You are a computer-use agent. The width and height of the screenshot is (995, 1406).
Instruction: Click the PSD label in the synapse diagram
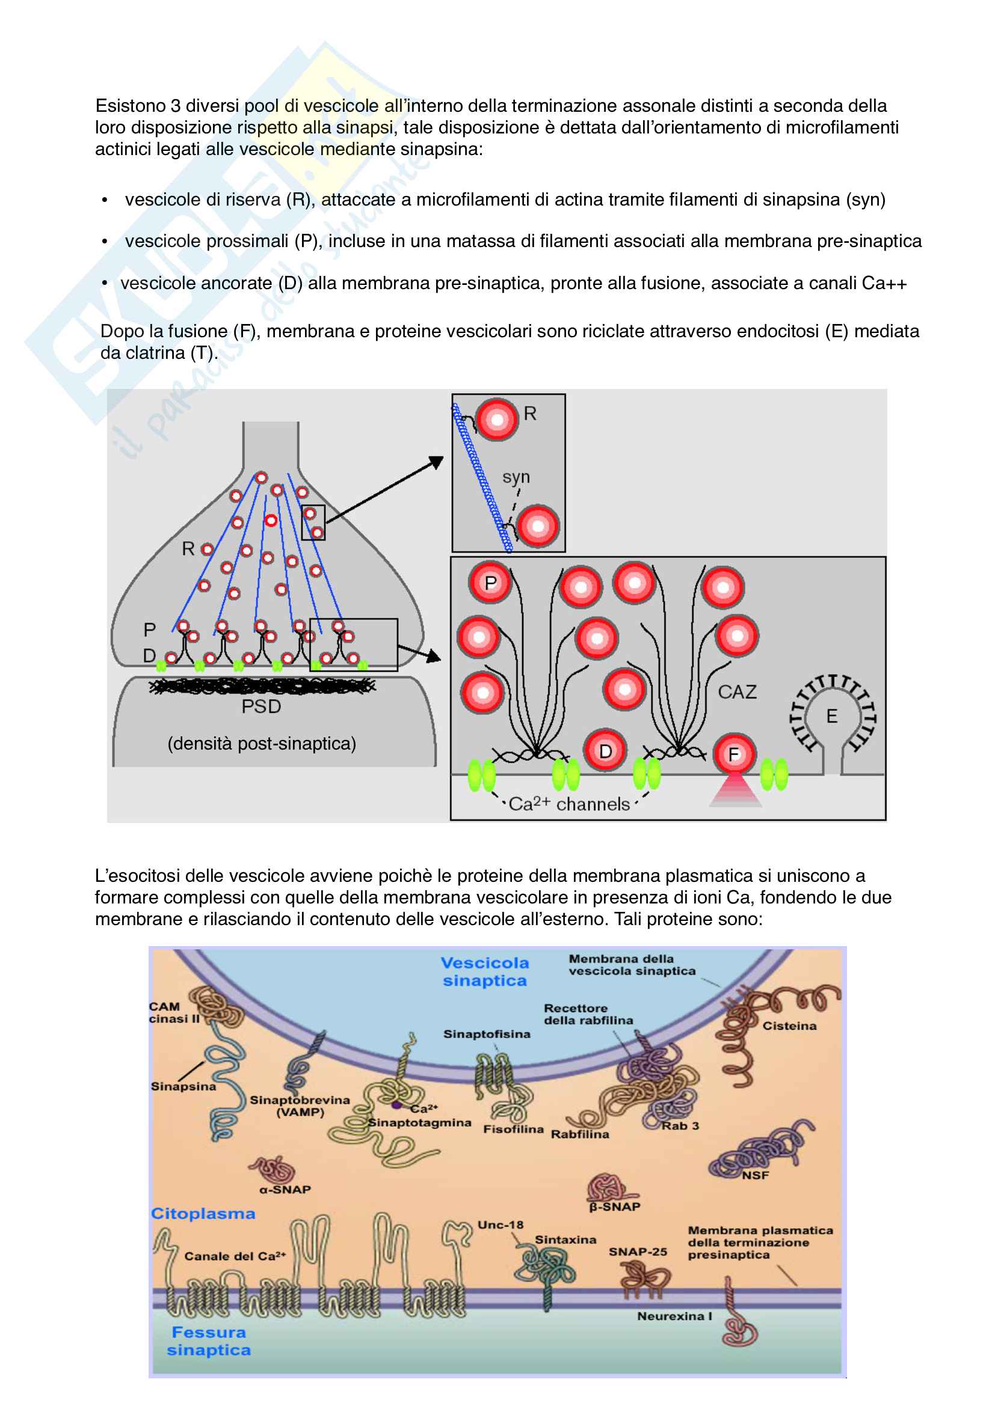click(261, 707)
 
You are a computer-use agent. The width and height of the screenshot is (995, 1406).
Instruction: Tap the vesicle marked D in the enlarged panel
click(605, 751)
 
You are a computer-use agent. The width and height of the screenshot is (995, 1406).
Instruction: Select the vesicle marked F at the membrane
click(733, 754)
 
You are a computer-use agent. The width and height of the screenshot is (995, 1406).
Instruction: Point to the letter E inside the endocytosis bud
click(831, 716)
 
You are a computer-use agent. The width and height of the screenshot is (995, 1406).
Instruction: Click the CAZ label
click(737, 692)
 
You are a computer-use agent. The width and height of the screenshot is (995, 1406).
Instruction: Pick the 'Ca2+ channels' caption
click(569, 804)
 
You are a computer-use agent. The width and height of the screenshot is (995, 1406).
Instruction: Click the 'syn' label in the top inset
click(516, 477)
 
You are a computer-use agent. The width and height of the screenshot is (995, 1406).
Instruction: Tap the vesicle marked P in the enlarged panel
click(490, 583)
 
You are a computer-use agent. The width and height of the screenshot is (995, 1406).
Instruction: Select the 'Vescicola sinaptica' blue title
click(485, 971)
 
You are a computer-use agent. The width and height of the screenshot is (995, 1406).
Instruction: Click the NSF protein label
click(755, 1175)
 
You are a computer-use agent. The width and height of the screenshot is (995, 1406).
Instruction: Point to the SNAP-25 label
click(637, 1252)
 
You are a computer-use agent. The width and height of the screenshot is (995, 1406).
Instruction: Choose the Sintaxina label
click(565, 1239)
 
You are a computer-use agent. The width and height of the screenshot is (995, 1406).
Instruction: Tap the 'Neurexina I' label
click(674, 1316)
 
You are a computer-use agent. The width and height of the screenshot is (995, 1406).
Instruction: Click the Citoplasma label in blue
click(203, 1214)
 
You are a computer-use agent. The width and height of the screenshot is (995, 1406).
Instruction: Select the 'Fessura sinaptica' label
click(208, 1340)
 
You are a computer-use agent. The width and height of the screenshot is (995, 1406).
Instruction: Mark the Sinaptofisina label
click(487, 1035)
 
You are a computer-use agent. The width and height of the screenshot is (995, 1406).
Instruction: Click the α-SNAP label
click(285, 1189)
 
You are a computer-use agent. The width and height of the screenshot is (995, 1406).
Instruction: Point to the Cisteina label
click(789, 1025)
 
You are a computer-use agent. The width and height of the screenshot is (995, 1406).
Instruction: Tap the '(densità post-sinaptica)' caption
click(262, 744)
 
